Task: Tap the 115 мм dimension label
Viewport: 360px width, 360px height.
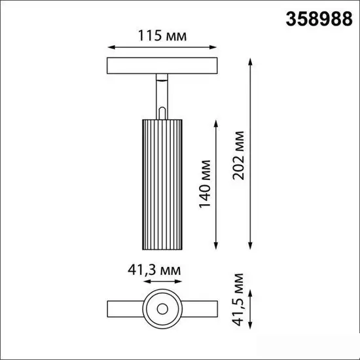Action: pos(162,36)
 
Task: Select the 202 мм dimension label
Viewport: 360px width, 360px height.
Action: pos(240,156)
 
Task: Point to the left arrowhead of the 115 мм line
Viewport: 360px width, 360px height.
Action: pos(109,47)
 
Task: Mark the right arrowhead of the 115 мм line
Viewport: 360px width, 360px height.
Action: pos(215,47)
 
